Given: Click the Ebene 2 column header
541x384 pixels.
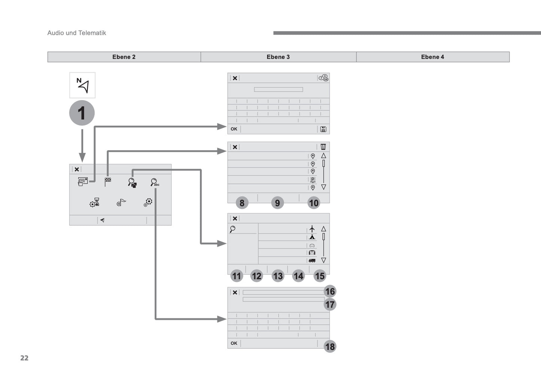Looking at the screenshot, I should [x=124, y=57].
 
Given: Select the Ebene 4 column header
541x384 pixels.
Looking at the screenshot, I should [x=432, y=57].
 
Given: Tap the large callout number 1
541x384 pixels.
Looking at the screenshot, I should [x=82, y=113].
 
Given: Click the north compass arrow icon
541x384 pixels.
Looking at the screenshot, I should [x=82, y=85].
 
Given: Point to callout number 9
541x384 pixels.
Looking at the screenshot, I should [x=277, y=203].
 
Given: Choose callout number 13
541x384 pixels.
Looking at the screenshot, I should [x=278, y=276].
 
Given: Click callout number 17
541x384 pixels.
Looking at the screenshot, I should [x=330, y=305].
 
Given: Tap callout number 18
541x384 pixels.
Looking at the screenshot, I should [x=330, y=347].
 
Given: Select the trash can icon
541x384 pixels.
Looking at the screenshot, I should [x=323, y=147].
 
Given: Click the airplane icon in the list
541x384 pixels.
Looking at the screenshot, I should [x=312, y=229].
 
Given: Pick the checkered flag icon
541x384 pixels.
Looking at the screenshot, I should [x=108, y=182].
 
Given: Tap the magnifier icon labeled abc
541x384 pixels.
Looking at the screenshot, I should [x=155, y=182].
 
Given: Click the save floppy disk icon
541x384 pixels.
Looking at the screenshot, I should [x=323, y=129].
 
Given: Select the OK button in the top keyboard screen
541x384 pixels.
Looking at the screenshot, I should [x=234, y=129].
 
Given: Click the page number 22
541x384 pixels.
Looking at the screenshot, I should [x=24, y=358].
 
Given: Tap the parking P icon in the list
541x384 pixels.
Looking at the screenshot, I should [x=313, y=180].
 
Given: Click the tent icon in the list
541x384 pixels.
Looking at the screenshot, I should [x=312, y=237].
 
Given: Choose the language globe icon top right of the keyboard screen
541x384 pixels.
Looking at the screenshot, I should [x=323, y=78].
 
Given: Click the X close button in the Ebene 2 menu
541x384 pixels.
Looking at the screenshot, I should [x=77, y=169].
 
